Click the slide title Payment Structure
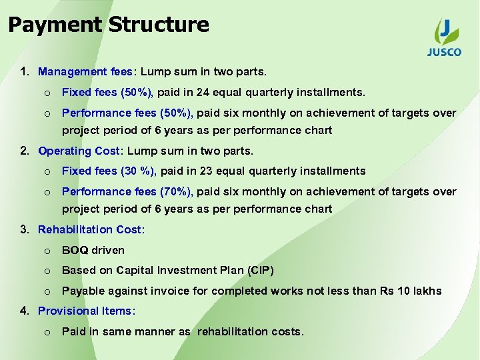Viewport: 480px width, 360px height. pyautogui.click(x=109, y=25)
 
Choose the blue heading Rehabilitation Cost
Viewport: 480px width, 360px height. pyautogui.click(x=91, y=229)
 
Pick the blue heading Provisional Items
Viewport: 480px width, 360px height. pyautogui.click(x=87, y=311)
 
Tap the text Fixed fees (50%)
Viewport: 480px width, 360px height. pyautogui.click(x=108, y=92)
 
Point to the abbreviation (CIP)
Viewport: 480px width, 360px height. pyautogui.click(x=259, y=270)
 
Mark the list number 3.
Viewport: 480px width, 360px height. pyautogui.click(x=24, y=229)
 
